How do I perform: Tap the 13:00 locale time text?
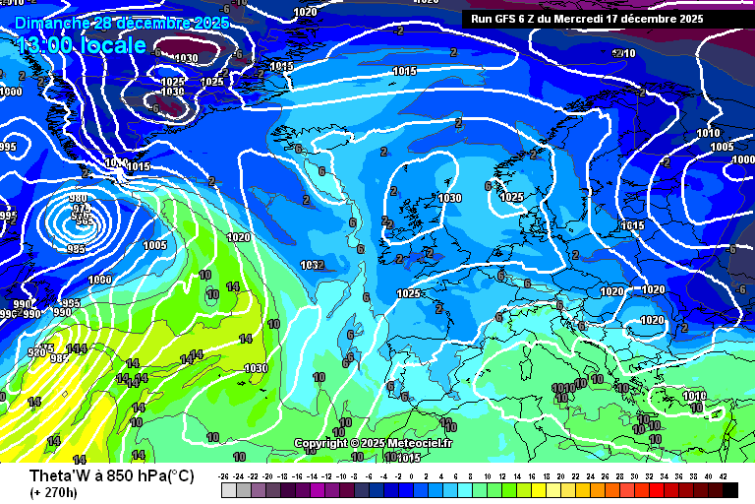[x=82, y=45]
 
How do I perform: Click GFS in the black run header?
[x=508, y=18]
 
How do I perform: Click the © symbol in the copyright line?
[x=353, y=444]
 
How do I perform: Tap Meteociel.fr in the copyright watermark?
[x=420, y=444]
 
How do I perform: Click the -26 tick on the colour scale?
[x=224, y=476]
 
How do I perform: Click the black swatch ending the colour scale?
[x=729, y=490]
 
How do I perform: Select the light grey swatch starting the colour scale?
[x=229, y=490]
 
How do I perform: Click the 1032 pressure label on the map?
[x=312, y=265]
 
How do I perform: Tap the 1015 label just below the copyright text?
[x=409, y=457]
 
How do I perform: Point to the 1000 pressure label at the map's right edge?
[x=742, y=158]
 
